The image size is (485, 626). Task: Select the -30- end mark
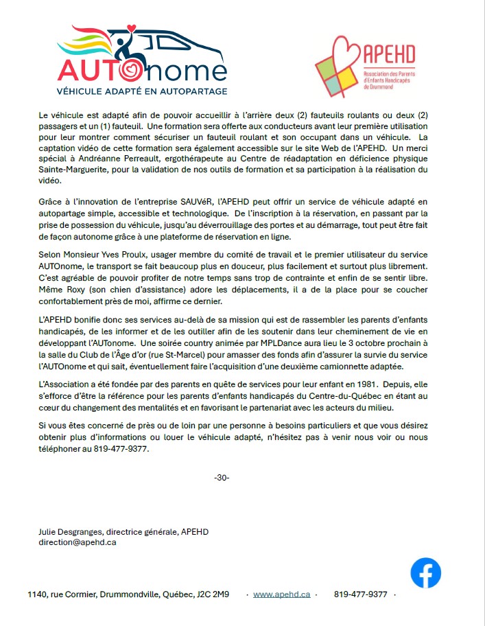222,477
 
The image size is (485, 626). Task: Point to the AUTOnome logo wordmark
141,71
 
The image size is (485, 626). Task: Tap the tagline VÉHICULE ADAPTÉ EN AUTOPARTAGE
141,91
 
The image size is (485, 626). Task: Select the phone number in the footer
361,594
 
